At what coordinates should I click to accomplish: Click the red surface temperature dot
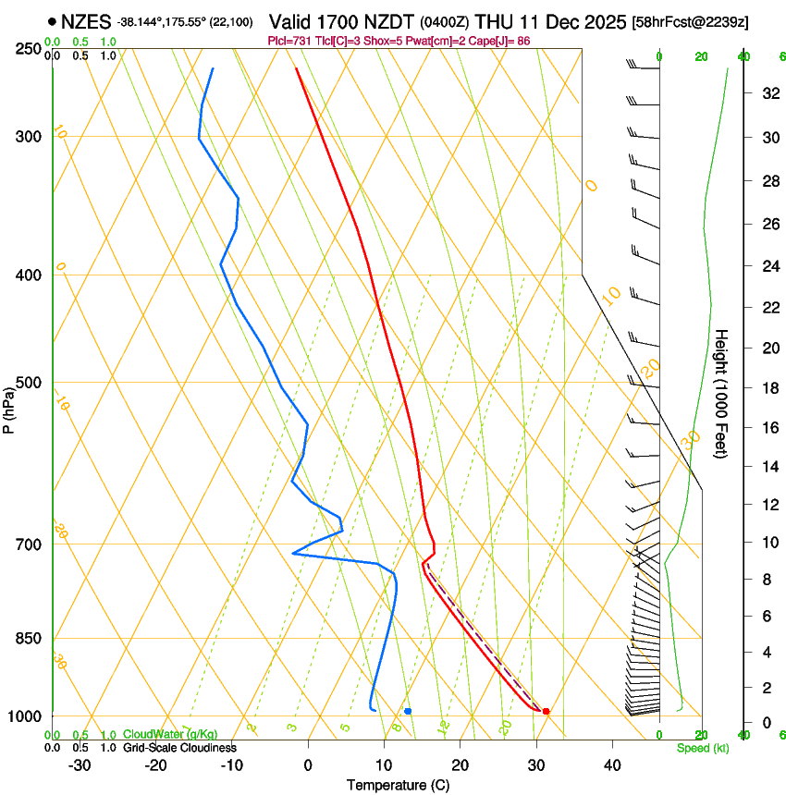[546, 711]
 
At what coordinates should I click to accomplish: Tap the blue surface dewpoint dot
[408, 711]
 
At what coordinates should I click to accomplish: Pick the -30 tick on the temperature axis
[80, 764]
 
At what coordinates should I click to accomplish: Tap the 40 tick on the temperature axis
[612, 764]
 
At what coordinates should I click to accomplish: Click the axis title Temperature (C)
[398, 785]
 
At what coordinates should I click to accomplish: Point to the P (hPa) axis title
[9, 407]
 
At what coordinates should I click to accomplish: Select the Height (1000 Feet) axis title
[721, 393]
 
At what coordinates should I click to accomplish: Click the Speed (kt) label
[702, 748]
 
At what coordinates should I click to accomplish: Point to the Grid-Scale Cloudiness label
[179, 747]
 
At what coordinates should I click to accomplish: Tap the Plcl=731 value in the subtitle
[287, 41]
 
